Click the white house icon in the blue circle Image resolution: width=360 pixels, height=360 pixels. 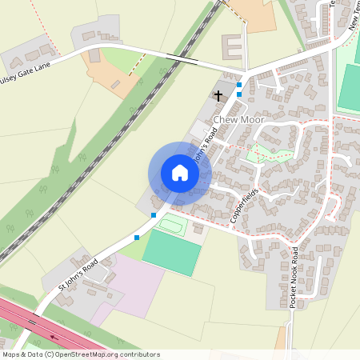pos(180,173)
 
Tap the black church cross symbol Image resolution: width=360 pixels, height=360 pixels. pos(218,95)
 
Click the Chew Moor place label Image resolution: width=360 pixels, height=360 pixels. pos(238,120)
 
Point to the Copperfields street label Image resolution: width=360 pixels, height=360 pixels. pos(245,206)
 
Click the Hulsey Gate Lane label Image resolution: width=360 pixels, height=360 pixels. pos(28,68)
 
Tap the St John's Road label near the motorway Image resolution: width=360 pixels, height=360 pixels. pos(78,275)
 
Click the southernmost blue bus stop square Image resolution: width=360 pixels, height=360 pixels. pos(137,237)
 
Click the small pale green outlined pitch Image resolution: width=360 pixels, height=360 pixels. pos(170,224)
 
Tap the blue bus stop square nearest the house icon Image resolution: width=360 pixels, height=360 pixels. pos(154,215)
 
